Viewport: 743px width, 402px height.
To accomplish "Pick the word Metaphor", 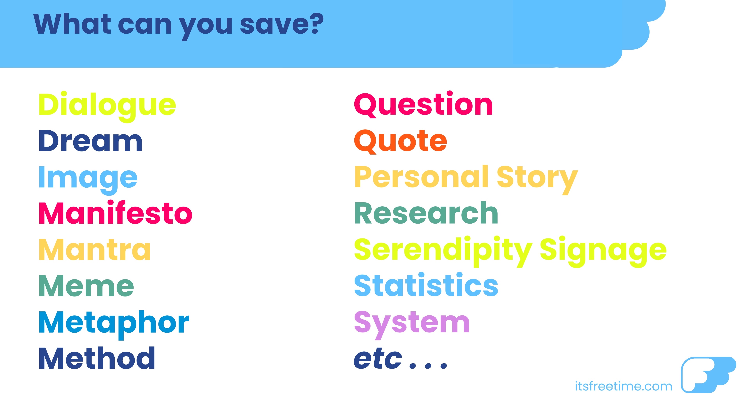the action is tap(114, 324).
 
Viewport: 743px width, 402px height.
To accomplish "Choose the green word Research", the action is tap(426, 213).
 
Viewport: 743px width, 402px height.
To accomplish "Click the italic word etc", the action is tap(378, 359).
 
